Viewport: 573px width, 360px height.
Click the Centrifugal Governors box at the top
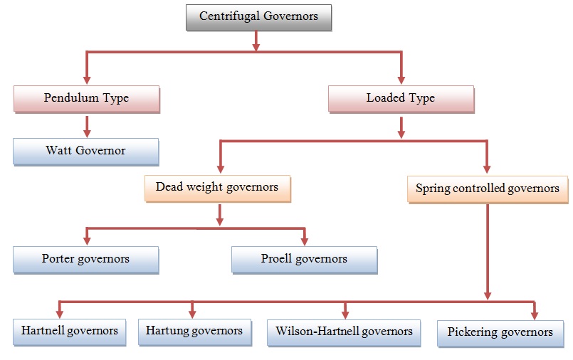click(x=258, y=17)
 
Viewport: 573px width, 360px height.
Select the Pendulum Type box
click(x=86, y=98)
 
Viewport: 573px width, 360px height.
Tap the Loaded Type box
click(x=401, y=98)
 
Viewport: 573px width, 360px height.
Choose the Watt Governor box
click(x=85, y=151)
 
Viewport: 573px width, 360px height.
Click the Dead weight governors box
click(x=217, y=188)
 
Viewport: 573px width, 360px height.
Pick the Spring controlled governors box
click(x=488, y=189)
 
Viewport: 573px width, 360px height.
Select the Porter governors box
click(x=85, y=260)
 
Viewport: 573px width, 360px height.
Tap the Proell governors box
click(x=304, y=260)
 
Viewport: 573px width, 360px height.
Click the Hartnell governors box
click(x=69, y=332)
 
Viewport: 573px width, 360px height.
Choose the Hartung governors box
click(x=194, y=332)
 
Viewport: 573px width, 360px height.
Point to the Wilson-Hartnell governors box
click(x=345, y=332)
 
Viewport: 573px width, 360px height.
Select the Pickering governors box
click(x=500, y=332)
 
